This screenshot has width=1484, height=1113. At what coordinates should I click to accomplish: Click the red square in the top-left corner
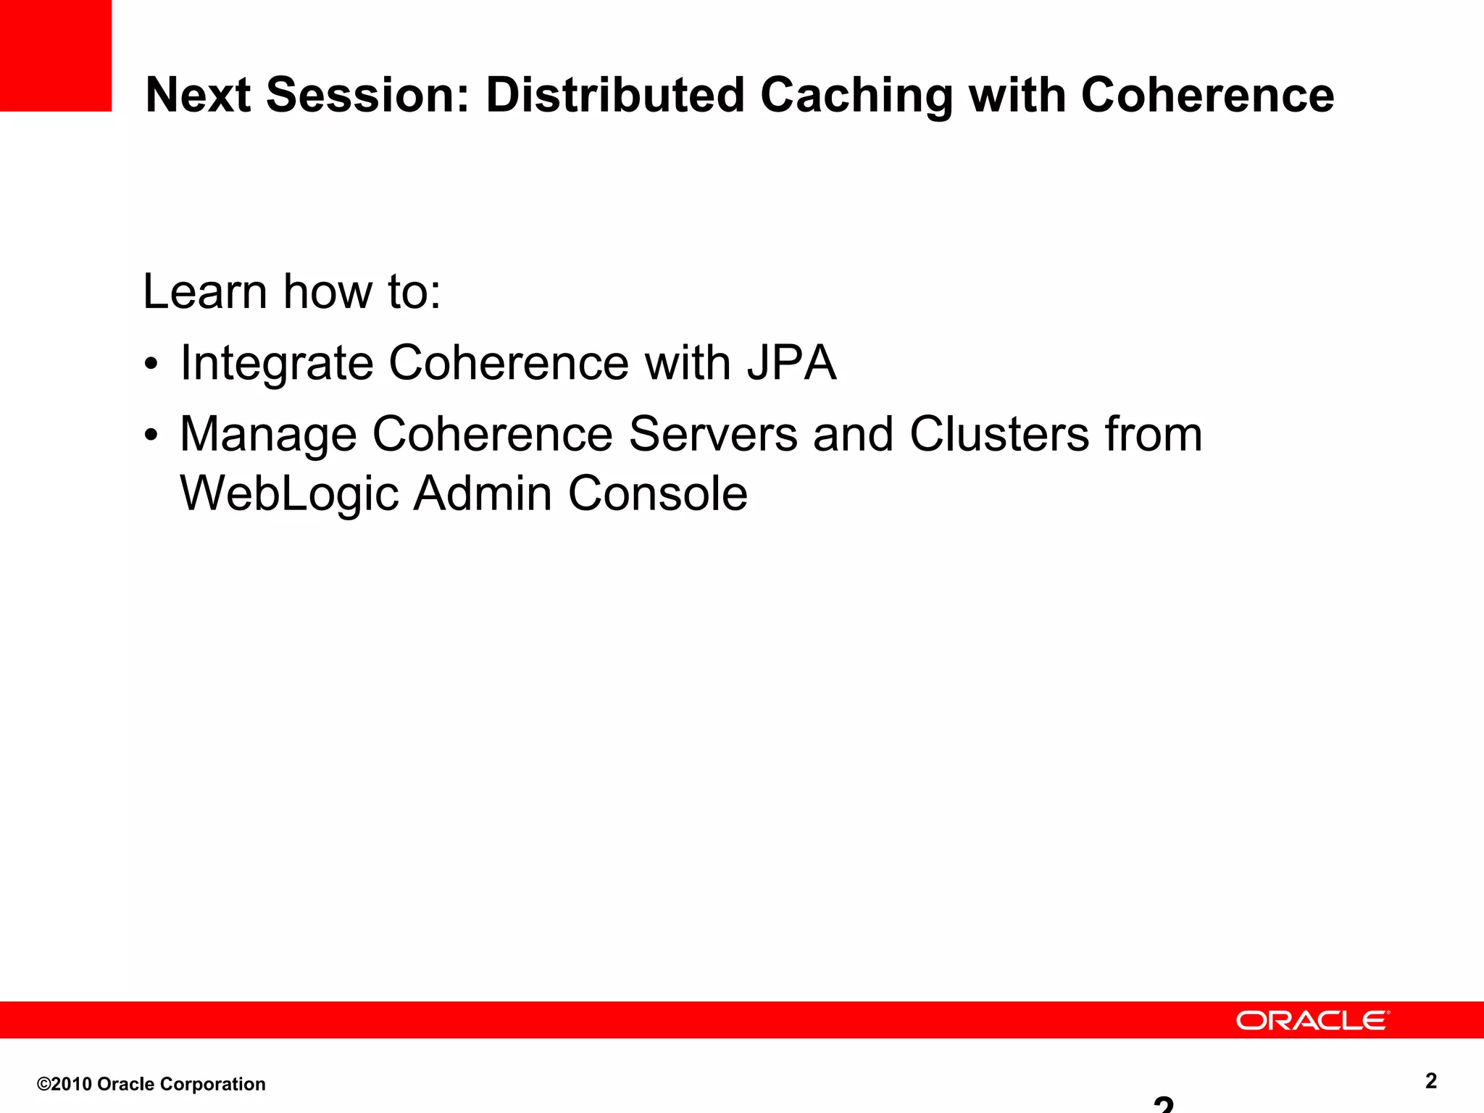[55, 55]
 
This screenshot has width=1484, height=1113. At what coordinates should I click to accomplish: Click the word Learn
[205, 291]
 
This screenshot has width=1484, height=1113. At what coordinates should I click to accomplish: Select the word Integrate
[276, 363]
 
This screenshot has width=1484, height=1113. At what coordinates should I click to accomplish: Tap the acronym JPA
[791, 362]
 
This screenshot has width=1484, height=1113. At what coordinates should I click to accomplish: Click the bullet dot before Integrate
[151, 364]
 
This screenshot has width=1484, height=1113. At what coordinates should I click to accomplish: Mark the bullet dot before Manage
[151, 436]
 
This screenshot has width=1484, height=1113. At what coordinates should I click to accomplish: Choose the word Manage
[268, 435]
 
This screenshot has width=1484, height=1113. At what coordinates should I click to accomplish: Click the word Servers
[713, 434]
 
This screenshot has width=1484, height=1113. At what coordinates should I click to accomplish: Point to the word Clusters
[999, 434]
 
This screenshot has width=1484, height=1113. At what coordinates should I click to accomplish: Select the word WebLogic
[289, 494]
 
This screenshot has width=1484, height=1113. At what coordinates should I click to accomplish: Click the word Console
[657, 493]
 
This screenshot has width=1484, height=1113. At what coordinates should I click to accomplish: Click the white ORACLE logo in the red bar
[1312, 1020]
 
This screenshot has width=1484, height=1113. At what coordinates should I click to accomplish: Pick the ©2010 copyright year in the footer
[65, 1084]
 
